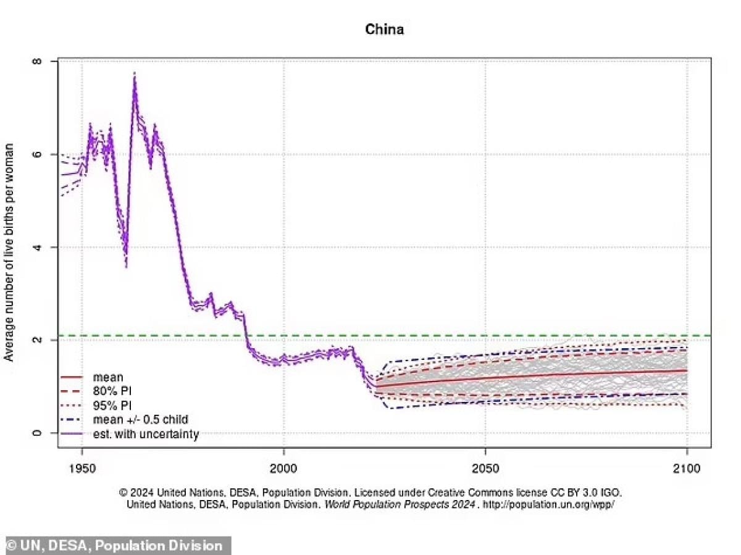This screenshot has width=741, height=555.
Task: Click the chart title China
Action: [384, 29]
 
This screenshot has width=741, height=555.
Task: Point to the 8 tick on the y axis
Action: [38, 62]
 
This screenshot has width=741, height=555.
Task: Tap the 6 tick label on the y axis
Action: [38, 154]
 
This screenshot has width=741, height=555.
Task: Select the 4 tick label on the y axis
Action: [38, 247]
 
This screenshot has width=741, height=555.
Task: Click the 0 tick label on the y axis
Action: [38, 433]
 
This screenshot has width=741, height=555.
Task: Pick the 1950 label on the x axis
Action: [82, 469]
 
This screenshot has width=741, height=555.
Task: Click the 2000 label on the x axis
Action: [283, 469]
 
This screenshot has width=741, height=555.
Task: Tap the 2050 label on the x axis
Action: [485, 469]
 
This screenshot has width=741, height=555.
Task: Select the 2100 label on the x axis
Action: [687, 469]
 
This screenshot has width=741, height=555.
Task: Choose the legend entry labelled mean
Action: [107, 377]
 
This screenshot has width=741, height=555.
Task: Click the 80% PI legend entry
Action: [113, 391]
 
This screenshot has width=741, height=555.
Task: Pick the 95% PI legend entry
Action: [113, 406]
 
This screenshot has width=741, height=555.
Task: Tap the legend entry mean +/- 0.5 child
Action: [140, 420]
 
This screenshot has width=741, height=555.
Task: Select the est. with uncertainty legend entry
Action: [146, 434]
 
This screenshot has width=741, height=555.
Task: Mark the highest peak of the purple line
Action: [134, 74]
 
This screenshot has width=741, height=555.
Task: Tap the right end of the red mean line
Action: [687, 370]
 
